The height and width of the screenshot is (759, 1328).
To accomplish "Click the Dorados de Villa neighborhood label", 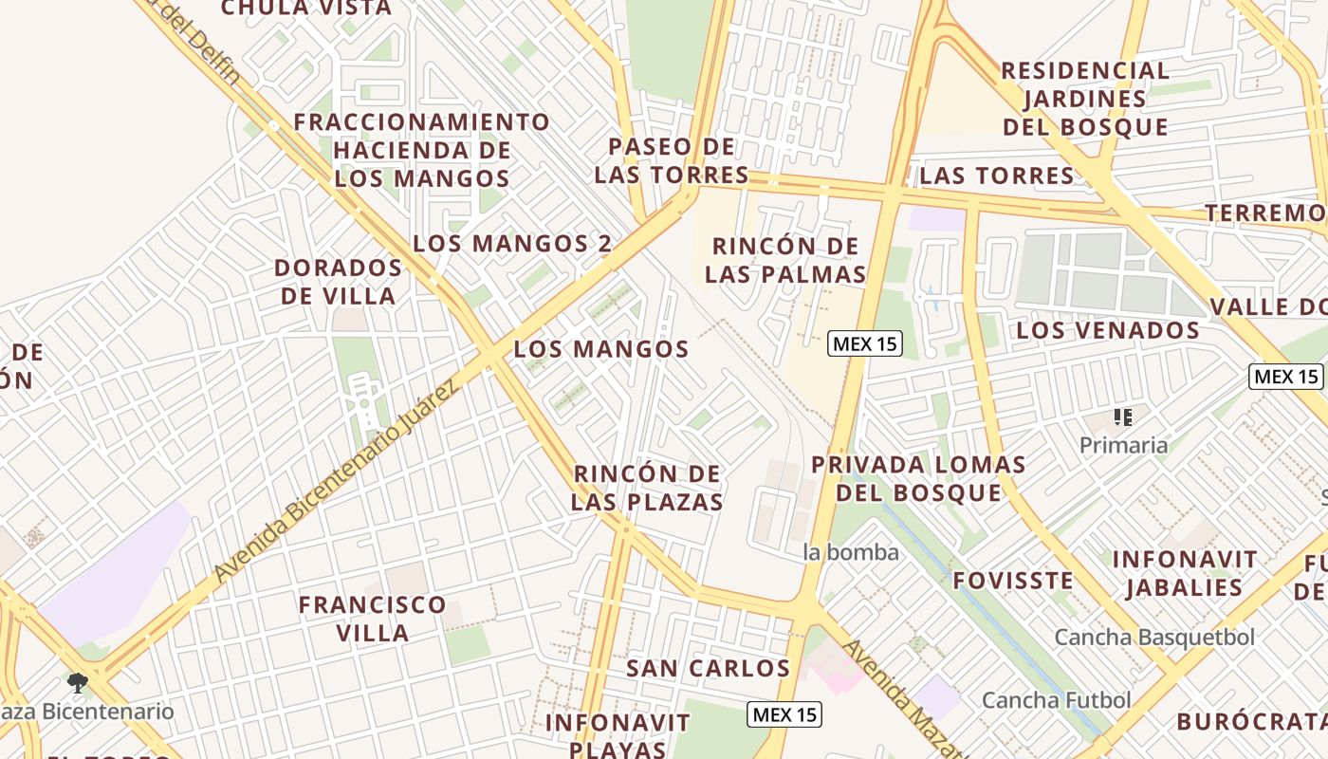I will tap(338, 282).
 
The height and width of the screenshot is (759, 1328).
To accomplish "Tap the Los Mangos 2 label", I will tap(512, 243).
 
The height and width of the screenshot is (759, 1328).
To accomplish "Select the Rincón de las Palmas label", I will tap(785, 261).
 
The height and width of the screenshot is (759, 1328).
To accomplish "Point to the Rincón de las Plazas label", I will tap(647, 488).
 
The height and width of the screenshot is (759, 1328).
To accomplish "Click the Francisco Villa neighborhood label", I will tap(372, 619).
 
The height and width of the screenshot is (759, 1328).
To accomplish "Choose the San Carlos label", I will tap(708, 668).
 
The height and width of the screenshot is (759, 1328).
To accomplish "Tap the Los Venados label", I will tap(1108, 330).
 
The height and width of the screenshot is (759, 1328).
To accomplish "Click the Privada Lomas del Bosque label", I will tap(918, 478).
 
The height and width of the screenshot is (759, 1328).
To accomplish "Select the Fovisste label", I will tap(1013, 580).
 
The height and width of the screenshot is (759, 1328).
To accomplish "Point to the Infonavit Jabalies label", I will tap(1185, 573).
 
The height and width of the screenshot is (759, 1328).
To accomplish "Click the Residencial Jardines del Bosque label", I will tap(1085, 99).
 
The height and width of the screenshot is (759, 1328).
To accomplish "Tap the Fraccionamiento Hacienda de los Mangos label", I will tap(421, 150).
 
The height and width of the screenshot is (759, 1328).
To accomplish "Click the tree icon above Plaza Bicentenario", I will tap(78, 682).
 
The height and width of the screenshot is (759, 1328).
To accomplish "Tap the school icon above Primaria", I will tap(1124, 417).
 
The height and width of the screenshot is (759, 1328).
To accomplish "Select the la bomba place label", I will tap(851, 551).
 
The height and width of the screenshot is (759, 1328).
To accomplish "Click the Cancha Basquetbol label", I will tap(1154, 637).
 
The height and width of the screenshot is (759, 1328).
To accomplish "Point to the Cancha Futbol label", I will tap(1056, 700).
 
